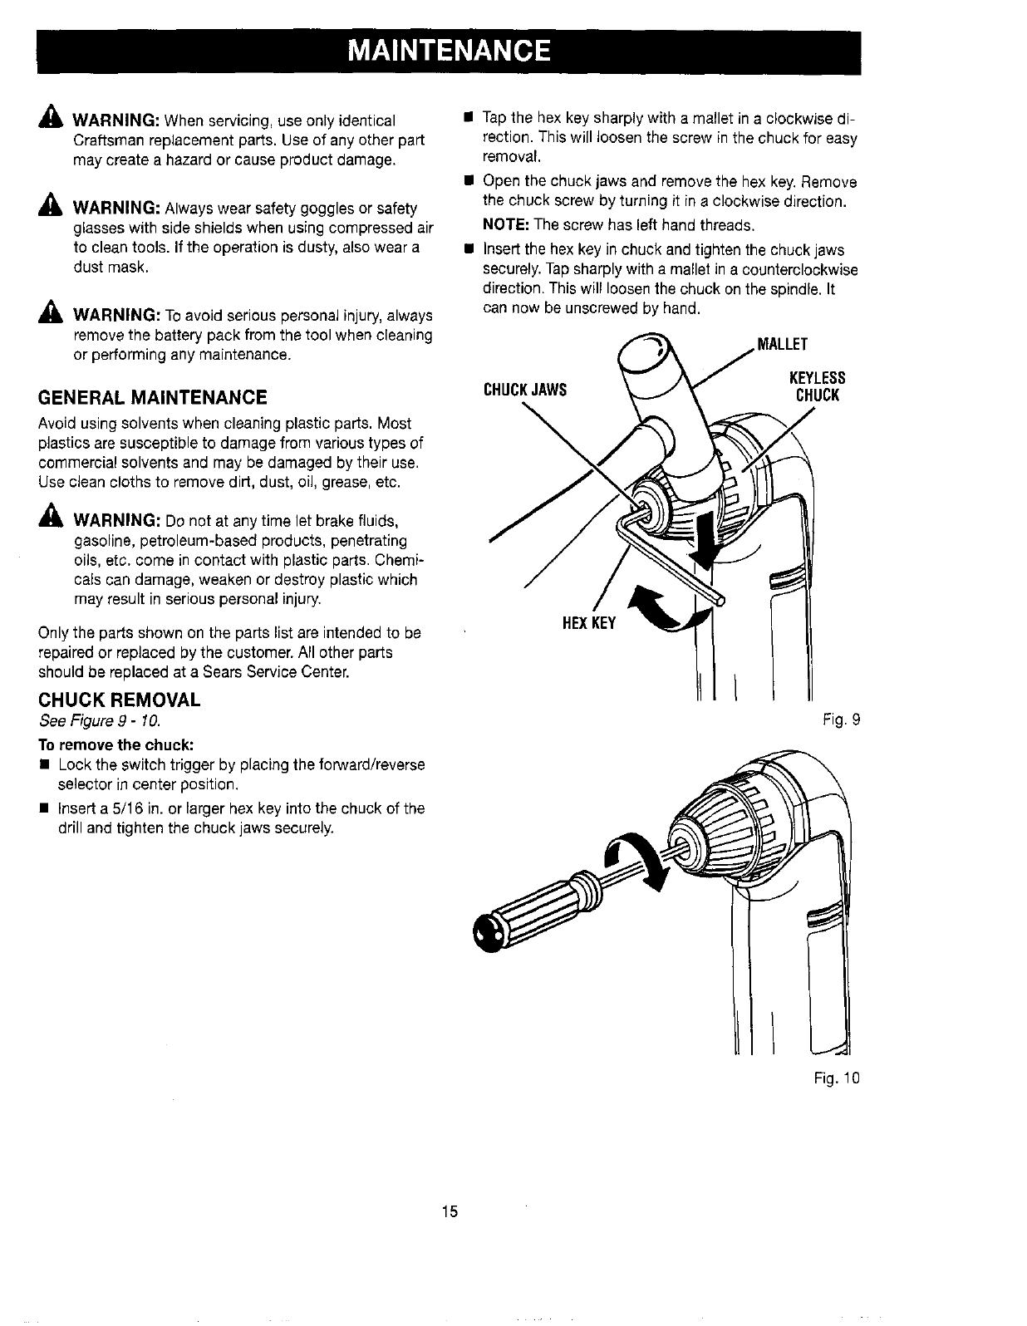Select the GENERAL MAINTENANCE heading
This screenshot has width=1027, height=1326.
coord(153,396)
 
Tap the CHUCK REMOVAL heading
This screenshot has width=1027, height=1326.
coord(120,699)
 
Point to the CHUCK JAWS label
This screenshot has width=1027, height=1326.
coord(525,390)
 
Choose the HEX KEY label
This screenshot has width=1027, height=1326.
coord(589,622)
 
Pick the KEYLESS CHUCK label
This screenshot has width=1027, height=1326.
coord(818,386)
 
